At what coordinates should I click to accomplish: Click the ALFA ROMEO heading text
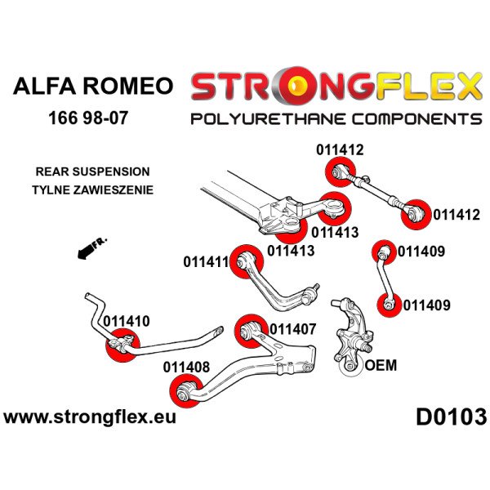pos(92,87)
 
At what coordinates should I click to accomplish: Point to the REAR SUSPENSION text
pos(92,172)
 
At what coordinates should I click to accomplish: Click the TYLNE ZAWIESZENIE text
pos(92,189)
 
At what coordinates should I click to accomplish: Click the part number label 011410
pos(127,321)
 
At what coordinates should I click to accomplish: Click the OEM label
pos(378,365)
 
